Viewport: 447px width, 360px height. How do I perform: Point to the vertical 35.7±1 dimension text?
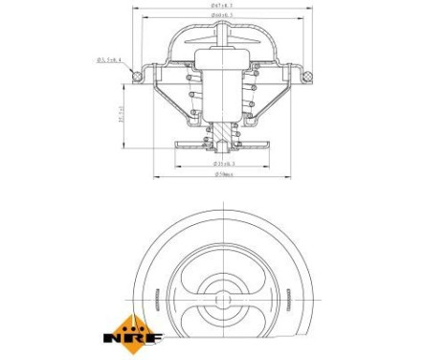coord(119,114)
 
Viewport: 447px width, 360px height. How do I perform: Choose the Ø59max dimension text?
coord(224,175)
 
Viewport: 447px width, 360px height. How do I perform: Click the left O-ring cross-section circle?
coord(138,75)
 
